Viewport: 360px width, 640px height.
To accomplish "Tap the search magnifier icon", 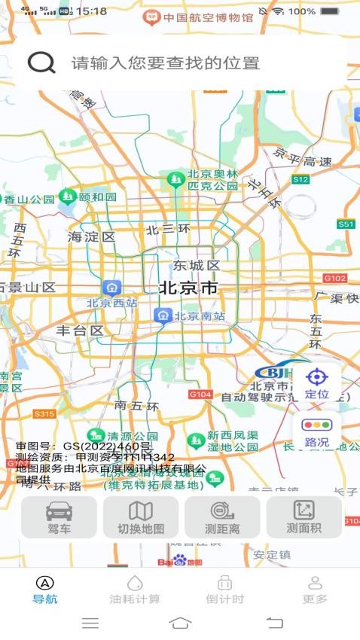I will click(x=41, y=62).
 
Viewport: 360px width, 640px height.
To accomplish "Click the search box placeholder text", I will click(x=166, y=63).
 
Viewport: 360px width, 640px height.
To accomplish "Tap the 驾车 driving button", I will click(x=59, y=517).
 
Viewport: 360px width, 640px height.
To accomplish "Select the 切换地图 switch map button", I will click(x=141, y=517).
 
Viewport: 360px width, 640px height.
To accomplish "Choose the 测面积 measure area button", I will click(x=304, y=517).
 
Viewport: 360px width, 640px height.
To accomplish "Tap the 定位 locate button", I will click(x=316, y=382).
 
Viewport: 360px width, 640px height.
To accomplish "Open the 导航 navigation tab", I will click(x=45, y=590).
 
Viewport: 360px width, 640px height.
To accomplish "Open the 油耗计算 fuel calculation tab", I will click(x=135, y=590).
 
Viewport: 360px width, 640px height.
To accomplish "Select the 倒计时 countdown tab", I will click(x=224, y=590).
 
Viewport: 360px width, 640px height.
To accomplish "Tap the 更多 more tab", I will click(x=315, y=590).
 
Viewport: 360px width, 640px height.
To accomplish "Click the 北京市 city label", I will click(x=188, y=288).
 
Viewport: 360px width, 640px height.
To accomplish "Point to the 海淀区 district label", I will click(x=91, y=236).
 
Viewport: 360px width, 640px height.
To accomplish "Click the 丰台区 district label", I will click(x=80, y=330).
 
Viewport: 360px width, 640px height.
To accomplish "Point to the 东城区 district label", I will click(x=196, y=265).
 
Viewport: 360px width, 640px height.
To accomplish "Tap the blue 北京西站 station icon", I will click(x=112, y=287).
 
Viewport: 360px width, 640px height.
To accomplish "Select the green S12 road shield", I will click(x=301, y=179).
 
